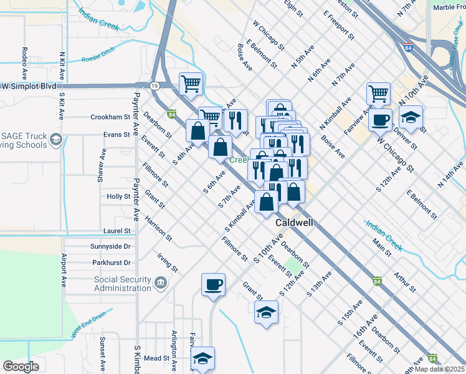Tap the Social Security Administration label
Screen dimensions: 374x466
[122, 284]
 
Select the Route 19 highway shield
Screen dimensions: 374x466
[153, 85]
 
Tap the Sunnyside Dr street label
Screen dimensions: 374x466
[110, 246]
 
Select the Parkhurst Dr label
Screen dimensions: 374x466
[110, 262]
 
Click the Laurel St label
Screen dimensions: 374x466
[117, 231]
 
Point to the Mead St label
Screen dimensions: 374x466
[156, 358]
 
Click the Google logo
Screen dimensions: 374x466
[21, 366]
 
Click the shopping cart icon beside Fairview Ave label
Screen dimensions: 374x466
[378, 93]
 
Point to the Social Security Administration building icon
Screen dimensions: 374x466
[161, 284]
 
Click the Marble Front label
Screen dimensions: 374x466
[449, 7]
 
